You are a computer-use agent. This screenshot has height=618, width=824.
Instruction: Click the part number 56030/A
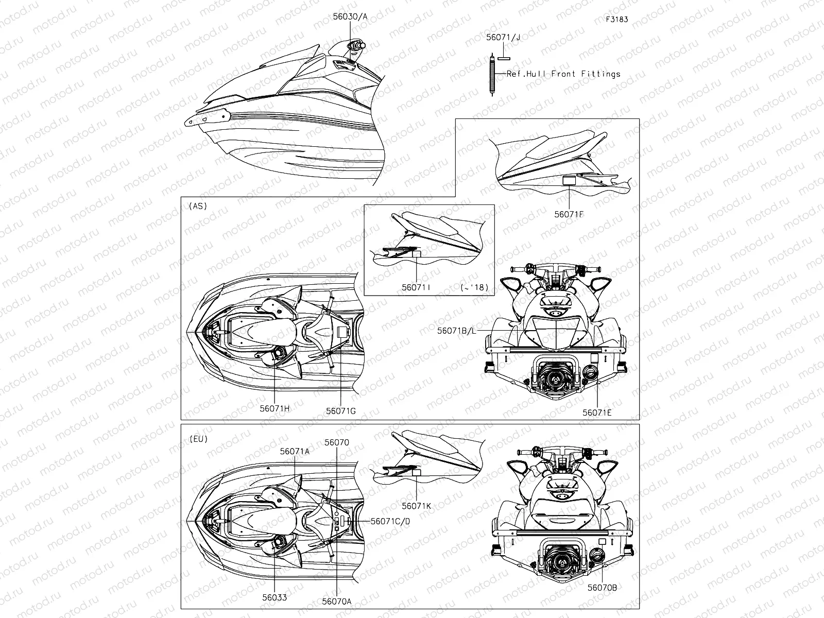(x=350, y=16)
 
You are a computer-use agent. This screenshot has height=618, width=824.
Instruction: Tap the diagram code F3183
(x=617, y=19)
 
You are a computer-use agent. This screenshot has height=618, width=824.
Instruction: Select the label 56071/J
(x=503, y=37)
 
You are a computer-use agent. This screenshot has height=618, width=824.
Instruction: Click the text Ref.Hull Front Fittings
(x=563, y=74)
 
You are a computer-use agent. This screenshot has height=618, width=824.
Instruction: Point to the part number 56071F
(x=569, y=214)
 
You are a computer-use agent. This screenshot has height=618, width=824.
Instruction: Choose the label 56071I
(x=416, y=287)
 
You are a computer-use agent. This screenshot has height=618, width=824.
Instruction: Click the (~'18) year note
(x=474, y=287)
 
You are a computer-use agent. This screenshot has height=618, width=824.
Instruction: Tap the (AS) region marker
(x=198, y=206)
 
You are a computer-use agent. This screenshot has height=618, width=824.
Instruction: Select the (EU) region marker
(x=199, y=439)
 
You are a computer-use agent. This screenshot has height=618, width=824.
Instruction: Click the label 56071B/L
(x=456, y=331)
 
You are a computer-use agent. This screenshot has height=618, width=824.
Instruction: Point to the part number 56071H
(x=274, y=408)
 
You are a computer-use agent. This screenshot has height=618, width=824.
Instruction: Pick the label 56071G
(x=340, y=411)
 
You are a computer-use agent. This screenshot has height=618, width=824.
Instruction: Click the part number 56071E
(x=597, y=413)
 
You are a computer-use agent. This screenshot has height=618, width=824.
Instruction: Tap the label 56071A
(x=295, y=452)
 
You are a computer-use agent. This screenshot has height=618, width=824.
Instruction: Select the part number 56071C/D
(x=390, y=521)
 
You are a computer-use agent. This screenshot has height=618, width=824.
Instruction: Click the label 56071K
(x=416, y=506)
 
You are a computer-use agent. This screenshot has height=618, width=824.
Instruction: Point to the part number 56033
(x=274, y=597)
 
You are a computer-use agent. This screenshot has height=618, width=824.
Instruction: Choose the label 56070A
(x=337, y=602)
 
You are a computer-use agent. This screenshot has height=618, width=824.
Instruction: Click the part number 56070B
(x=602, y=588)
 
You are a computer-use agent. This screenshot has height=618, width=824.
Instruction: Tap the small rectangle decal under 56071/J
(x=504, y=59)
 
